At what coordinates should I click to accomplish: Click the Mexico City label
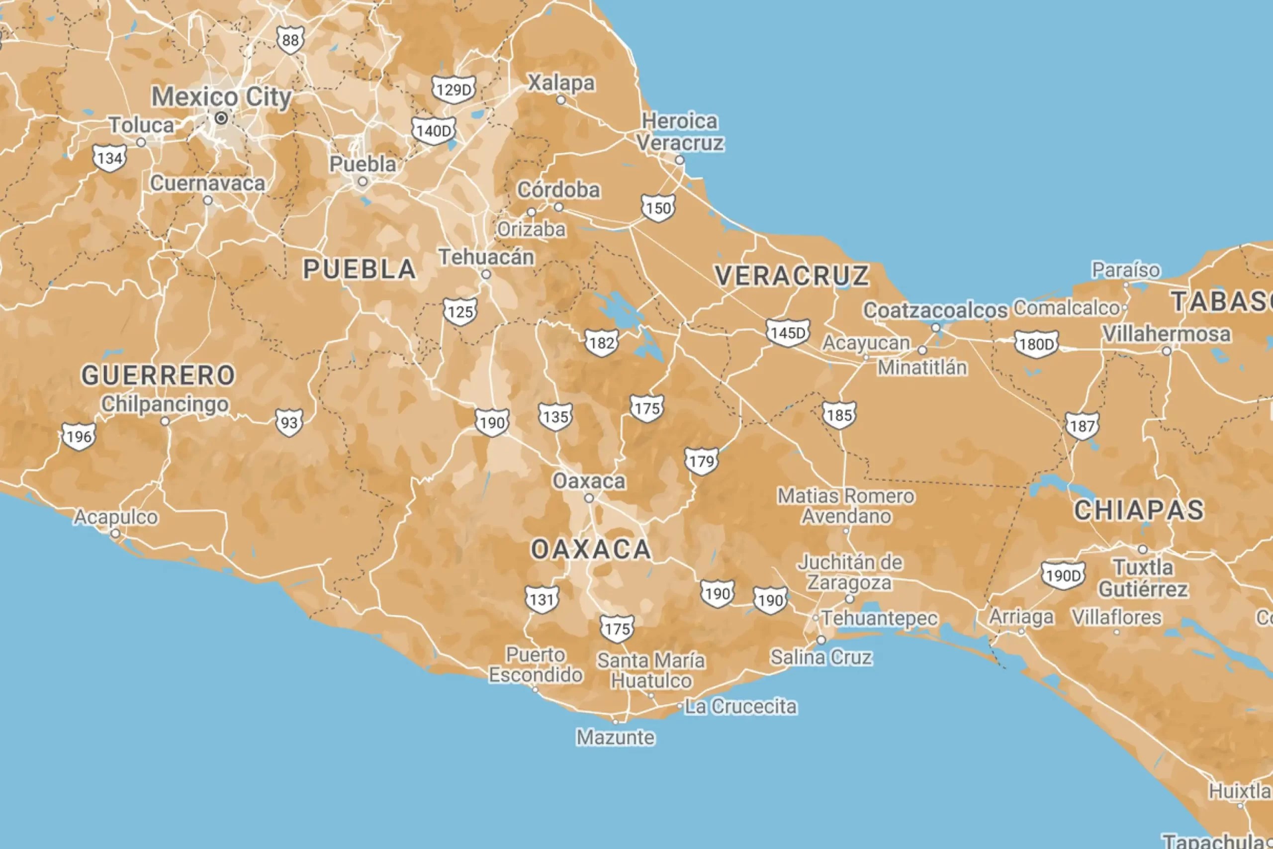click(221, 97)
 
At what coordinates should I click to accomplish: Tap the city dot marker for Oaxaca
click(589, 498)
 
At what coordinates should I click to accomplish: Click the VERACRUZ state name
click(791, 276)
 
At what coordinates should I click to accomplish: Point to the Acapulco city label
click(116, 517)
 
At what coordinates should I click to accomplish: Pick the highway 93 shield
click(289, 422)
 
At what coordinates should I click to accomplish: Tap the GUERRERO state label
click(158, 375)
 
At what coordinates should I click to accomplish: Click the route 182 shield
click(601, 343)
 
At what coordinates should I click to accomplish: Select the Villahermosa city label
click(1167, 334)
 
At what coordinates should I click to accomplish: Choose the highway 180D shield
click(1036, 344)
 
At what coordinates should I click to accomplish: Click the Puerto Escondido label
click(535, 665)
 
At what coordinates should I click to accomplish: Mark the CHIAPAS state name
click(1139, 511)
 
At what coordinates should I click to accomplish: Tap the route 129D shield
click(454, 90)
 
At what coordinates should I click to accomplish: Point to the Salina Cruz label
click(821, 658)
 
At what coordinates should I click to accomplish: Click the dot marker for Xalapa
click(561, 100)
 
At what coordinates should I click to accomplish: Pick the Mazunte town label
click(616, 738)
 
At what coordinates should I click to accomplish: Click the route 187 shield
click(1082, 426)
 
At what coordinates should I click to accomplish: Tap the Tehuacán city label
click(486, 257)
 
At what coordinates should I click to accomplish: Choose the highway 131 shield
click(542, 599)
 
